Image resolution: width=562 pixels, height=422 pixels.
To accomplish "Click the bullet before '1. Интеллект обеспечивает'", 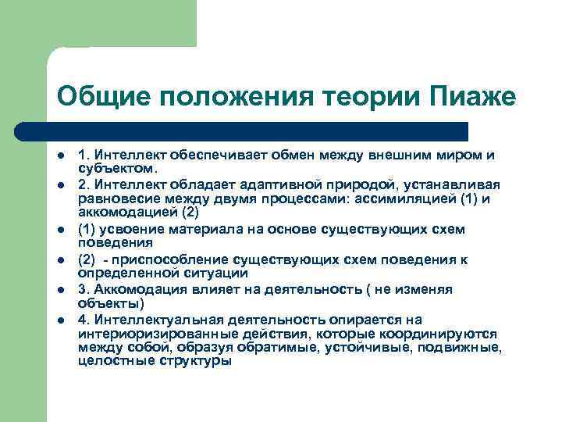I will (60, 155).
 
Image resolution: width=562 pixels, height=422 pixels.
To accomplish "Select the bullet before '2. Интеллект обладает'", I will (60, 184).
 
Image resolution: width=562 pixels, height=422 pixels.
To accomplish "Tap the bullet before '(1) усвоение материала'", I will (60, 229).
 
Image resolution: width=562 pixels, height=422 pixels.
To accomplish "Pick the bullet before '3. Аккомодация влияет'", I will (60, 289).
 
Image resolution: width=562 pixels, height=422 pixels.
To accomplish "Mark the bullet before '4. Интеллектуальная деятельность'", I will (60, 319).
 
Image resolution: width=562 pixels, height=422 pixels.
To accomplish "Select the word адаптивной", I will (307, 184).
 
